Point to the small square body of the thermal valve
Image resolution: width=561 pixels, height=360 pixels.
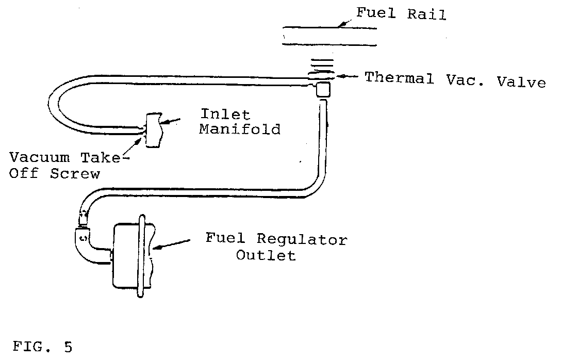[323, 90]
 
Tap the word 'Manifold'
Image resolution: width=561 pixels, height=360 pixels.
[240, 129]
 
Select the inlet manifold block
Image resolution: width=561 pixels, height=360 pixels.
[154, 130]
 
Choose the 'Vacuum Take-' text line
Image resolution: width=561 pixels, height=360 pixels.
[65, 158]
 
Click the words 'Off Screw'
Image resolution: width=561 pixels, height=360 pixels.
[55, 174]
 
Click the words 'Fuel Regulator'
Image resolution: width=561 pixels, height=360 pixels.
[276, 239]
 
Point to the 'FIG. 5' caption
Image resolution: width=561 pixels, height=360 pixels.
[42, 347]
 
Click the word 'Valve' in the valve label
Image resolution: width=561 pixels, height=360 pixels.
[521, 82]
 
